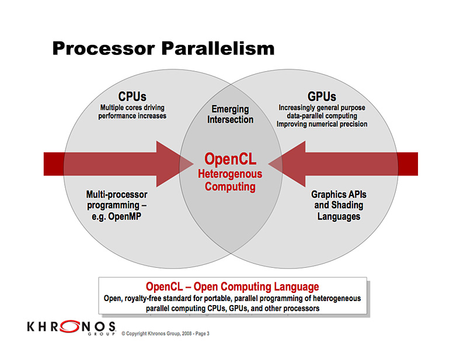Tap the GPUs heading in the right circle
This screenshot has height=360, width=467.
tap(322, 96)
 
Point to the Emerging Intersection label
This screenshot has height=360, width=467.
tap(230, 114)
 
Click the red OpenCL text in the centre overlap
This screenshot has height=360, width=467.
tap(230, 159)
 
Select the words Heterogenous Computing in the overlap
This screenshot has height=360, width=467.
tap(230, 180)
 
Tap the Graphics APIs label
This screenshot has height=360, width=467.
tap(339, 194)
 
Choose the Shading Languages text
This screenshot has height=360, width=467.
tap(339, 211)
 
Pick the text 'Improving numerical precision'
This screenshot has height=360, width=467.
tap(322, 124)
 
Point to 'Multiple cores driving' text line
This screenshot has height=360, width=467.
tap(133, 107)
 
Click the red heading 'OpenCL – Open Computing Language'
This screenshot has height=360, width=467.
tap(232, 286)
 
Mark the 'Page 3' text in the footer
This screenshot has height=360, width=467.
tap(200, 334)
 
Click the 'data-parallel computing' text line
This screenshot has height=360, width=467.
tap(322, 116)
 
